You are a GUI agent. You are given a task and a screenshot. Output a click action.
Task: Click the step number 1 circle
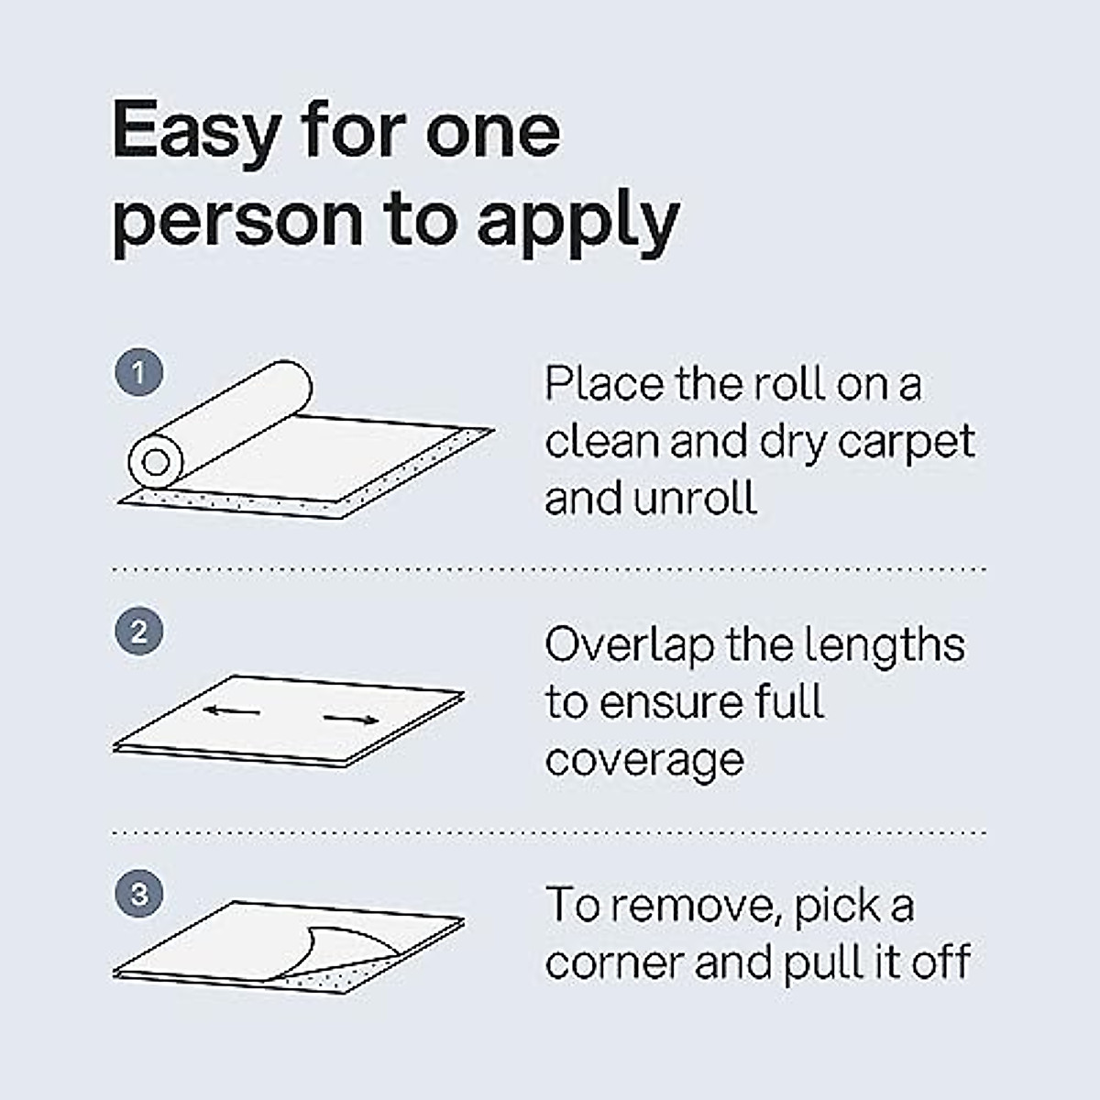pyautogui.click(x=139, y=373)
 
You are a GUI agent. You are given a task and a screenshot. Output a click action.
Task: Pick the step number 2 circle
pyautogui.click(x=139, y=632)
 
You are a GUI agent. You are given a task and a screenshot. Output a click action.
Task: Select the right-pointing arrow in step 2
pyautogui.click(x=351, y=718)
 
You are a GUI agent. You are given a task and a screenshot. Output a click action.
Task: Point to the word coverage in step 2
pyautogui.click(x=643, y=761)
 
